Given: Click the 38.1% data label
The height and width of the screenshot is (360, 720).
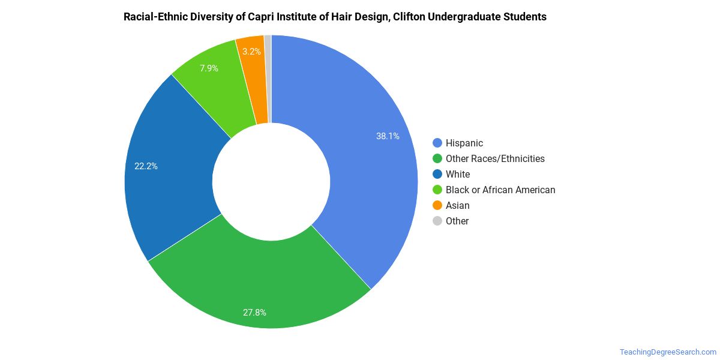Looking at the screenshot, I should coord(388,136).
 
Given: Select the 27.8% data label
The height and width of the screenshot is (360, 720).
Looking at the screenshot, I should coord(254,313).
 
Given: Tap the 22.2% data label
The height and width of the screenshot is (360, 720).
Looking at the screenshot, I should coord(146,166).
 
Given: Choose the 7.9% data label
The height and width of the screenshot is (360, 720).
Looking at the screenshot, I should coord(209,68).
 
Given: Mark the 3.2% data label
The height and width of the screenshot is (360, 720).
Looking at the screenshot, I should coord(251,52).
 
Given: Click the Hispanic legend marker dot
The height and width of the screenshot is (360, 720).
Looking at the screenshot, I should coord(437,143).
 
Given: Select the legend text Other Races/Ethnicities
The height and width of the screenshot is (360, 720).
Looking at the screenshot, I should coord(495,158).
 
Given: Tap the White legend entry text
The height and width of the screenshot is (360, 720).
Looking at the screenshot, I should coord(458,174).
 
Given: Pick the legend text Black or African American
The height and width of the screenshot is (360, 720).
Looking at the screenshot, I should coord(500,190).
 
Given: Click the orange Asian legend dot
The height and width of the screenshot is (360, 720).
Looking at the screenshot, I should coord(437,205).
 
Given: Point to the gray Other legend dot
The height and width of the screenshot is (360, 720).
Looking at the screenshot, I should coord(437,221).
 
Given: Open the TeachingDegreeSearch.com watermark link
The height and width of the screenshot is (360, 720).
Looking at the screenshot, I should coord(668,352).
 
